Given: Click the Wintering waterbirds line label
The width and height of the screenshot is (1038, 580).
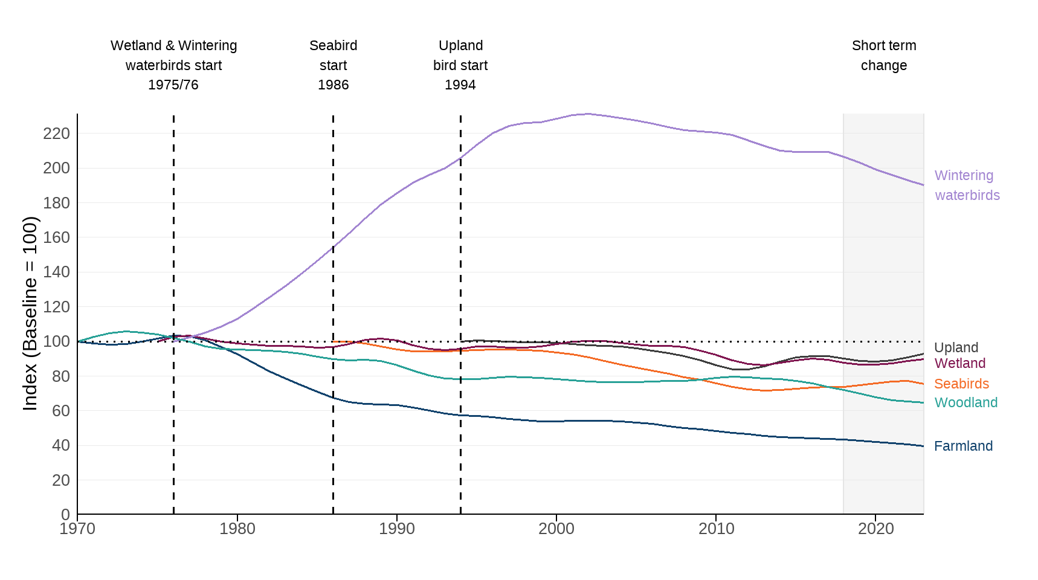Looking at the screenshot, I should [x=967, y=185].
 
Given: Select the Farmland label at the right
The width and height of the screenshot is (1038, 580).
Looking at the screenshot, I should [x=963, y=446].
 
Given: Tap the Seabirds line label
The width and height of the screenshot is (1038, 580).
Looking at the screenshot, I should [x=961, y=384].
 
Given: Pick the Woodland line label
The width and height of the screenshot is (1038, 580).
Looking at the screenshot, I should [x=965, y=402].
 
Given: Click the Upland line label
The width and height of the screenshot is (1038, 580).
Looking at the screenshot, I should [x=956, y=347].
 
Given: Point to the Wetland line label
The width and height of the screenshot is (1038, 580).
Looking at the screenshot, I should [x=959, y=363].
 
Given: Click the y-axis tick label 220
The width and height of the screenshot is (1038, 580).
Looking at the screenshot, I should [x=56, y=134].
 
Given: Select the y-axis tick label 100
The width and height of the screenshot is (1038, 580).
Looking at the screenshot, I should [x=56, y=341].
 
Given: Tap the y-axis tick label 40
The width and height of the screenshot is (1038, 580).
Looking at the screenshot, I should [x=60, y=445].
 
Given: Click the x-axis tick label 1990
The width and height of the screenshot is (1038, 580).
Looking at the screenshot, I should [x=396, y=529].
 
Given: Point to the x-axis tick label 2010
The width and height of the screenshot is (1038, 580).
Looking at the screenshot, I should [x=716, y=529].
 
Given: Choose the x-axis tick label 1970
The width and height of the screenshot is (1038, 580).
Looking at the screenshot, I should [x=77, y=529].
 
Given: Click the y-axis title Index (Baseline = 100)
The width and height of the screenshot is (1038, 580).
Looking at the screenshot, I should [x=30, y=314].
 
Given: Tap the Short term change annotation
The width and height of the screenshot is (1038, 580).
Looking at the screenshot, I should [x=883, y=55].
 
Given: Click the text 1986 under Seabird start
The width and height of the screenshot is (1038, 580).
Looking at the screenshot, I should [x=333, y=85].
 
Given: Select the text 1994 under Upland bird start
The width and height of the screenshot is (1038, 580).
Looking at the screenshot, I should [x=460, y=85].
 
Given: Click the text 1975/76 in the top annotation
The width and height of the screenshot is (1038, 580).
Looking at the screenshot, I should [x=173, y=85].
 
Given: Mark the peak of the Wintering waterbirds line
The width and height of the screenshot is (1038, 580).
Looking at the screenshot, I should [x=587, y=114].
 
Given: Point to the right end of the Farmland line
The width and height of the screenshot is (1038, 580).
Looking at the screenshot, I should [x=923, y=446].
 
